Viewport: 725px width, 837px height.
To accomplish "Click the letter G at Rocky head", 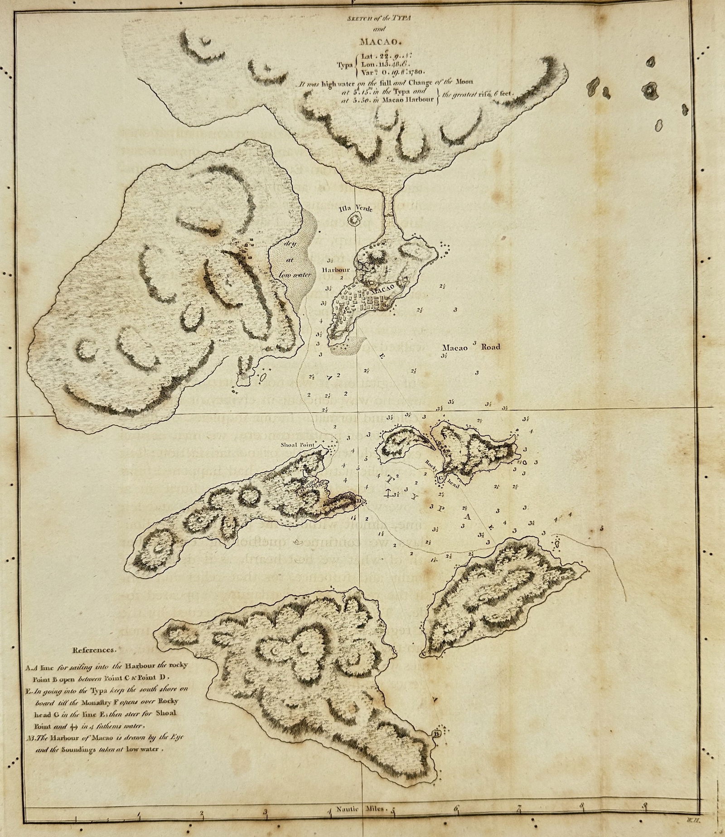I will (440, 477).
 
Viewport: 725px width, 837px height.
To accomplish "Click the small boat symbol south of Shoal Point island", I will (298, 541).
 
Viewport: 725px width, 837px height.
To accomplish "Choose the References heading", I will (93, 650).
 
